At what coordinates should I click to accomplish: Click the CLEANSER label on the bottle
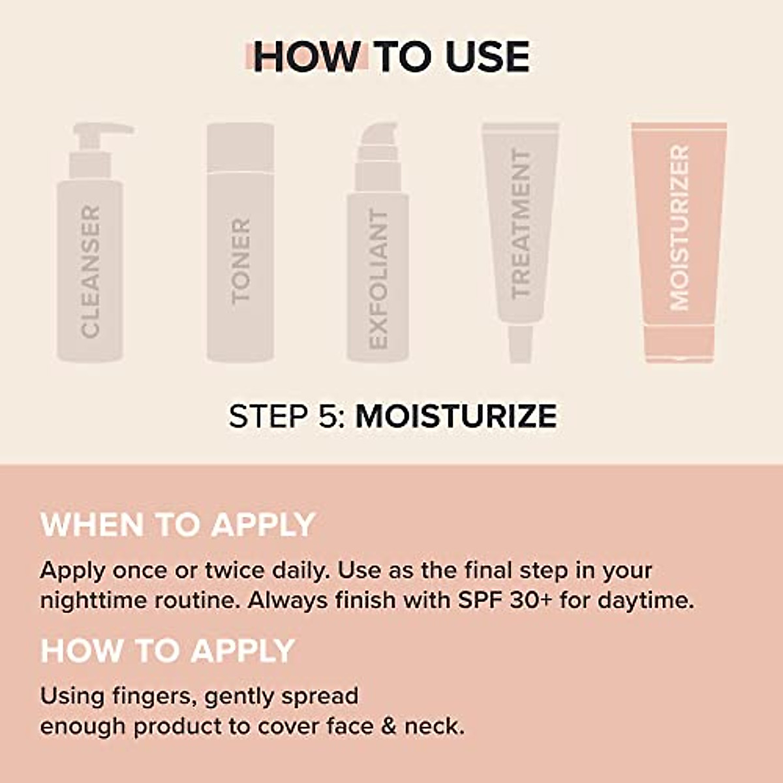[90, 271]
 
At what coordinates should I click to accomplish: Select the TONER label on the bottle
[241, 260]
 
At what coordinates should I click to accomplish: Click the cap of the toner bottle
[240, 147]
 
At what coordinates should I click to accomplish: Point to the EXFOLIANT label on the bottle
[378, 279]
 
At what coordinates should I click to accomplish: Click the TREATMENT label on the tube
[520, 223]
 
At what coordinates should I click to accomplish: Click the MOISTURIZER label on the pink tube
[679, 227]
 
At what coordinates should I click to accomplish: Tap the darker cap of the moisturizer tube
[679, 343]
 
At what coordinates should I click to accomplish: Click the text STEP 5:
[286, 416]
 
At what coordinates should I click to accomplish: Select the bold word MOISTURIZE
[456, 416]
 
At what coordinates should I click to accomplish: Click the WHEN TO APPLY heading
[178, 525]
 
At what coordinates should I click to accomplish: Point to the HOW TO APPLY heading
[168, 651]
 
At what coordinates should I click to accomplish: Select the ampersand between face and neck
[389, 726]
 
